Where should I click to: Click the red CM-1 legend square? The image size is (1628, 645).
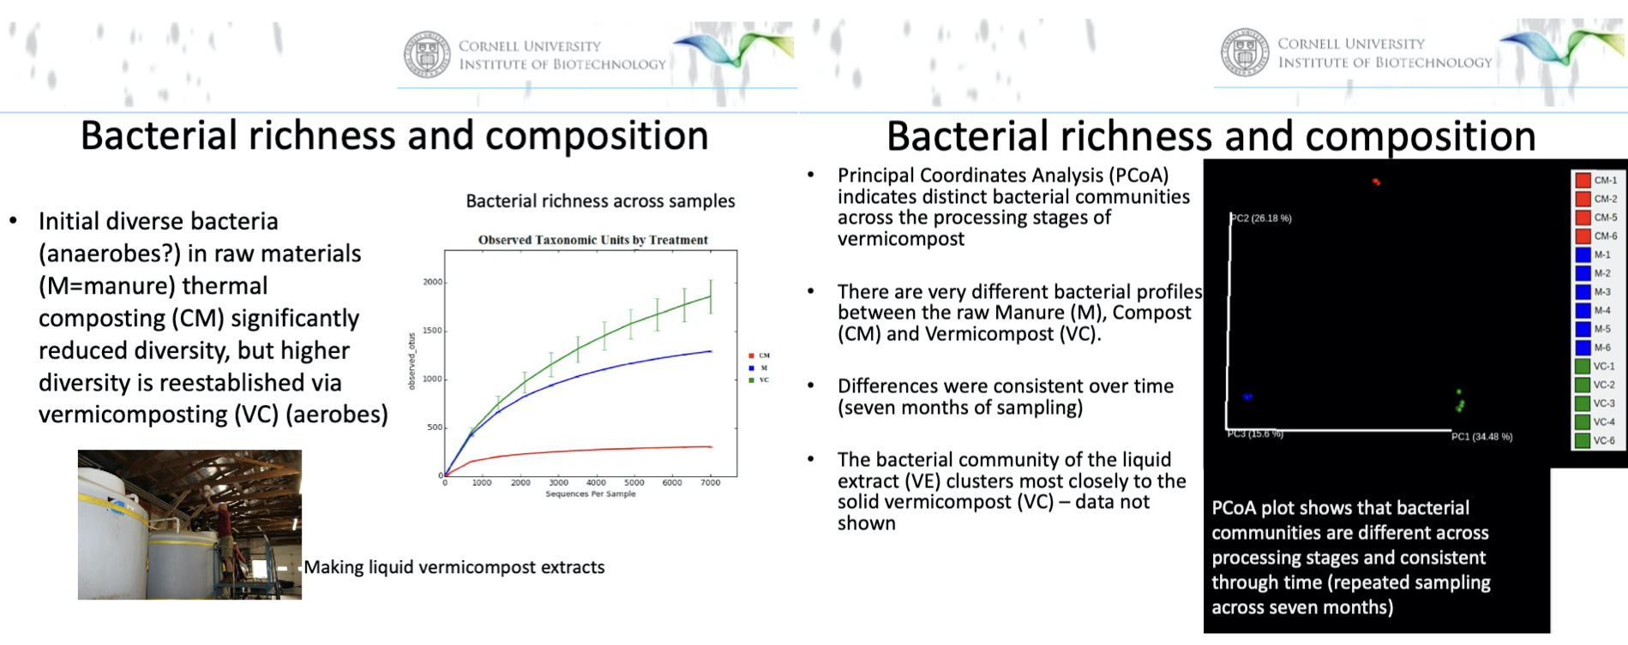pyautogui.click(x=1583, y=181)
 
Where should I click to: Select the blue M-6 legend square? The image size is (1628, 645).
pyautogui.click(x=1583, y=348)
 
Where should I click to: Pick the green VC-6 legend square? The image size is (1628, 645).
pyautogui.click(x=1583, y=440)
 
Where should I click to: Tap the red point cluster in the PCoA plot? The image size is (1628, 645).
pyautogui.click(x=1376, y=182)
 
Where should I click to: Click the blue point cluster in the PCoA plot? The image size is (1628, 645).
pyautogui.click(x=1248, y=397)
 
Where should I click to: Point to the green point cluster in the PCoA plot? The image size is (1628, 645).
pyautogui.click(x=1460, y=402)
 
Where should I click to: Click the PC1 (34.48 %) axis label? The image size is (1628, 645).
pyautogui.click(x=1481, y=437)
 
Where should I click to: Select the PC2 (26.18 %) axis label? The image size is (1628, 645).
pyautogui.click(x=1262, y=218)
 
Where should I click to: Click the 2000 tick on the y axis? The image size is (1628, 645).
pyautogui.click(x=433, y=282)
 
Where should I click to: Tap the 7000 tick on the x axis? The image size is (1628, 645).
pyautogui.click(x=710, y=483)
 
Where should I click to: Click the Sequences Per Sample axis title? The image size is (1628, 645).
pyautogui.click(x=591, y=494)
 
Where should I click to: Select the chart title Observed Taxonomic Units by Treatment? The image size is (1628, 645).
pyautogui.click(x=592, y=240)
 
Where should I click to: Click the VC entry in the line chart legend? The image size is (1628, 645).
pyautogui.click(x=764, y=379)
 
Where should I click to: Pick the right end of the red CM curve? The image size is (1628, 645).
pyautogui.click(x=711, y=446)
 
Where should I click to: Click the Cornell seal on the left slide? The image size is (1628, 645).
pyautogui.click(x=427, y=55)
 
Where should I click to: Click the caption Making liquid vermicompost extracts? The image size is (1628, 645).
pyautogui.click(x=454, y=567)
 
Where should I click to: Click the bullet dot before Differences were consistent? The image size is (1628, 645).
pyautogui.click(x=811, y=386)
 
